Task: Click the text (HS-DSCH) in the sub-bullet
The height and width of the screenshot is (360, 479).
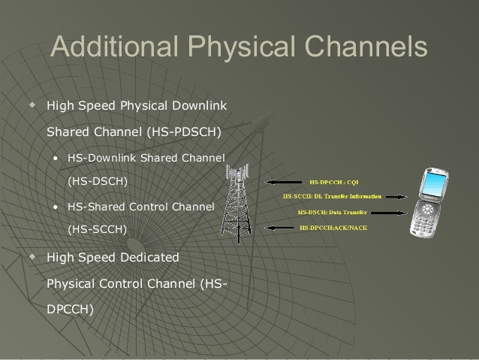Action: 98,181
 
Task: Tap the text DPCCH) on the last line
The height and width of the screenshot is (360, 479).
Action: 71,307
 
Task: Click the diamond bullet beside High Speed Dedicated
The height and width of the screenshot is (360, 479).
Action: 31,257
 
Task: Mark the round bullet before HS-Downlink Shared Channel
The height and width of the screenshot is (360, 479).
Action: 56,158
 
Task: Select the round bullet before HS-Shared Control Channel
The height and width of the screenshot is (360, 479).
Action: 56,206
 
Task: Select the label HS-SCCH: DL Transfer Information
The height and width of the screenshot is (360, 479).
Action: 332,196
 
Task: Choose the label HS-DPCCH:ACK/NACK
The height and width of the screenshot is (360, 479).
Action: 333,226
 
